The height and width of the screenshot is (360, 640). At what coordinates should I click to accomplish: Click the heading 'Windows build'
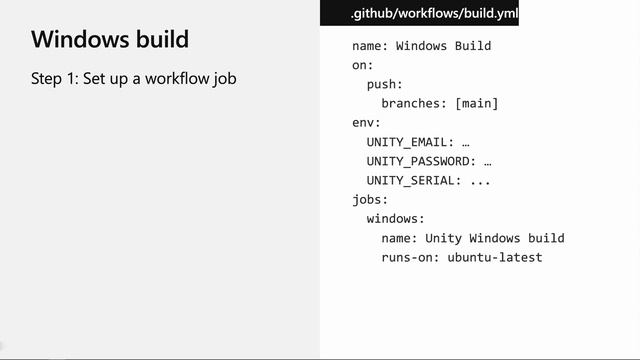(x=110, y=41)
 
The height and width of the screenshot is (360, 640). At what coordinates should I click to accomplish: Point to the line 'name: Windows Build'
(x=421, y=46)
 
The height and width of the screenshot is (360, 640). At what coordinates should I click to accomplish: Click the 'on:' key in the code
(x=363, y=65)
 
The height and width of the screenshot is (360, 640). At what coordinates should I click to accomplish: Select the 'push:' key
(x=385, y=84)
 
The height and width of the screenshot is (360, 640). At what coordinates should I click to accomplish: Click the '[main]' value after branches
(x=476, y=103)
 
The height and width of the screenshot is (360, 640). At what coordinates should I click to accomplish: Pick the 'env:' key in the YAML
(x=366, y=123)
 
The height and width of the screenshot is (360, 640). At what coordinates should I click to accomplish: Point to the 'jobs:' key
(x=370, y=199)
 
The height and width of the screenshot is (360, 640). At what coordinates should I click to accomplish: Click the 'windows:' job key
(x=396, y=218)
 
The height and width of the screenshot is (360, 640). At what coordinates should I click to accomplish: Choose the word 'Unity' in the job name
(x=443, y=238)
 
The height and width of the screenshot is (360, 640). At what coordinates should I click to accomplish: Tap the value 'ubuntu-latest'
(x=494, y=257)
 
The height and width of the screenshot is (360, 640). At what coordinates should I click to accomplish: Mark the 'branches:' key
(x=414, y=103)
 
